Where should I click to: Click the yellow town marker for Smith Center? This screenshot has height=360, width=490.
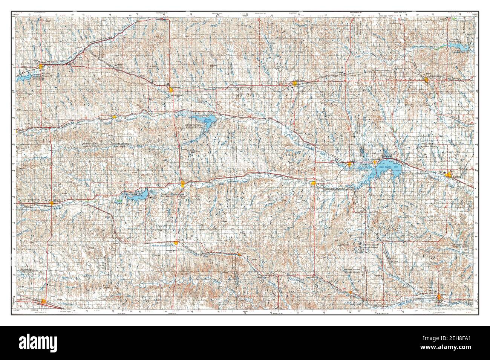295,84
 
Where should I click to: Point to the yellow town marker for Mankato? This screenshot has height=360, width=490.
426,80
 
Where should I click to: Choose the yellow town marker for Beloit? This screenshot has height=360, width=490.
448,174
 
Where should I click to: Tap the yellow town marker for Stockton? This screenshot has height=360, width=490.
183,184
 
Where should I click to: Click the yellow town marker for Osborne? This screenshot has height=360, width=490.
314,183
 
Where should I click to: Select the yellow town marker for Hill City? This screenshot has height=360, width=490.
52,203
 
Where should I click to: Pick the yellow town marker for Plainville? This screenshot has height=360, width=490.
176,243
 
